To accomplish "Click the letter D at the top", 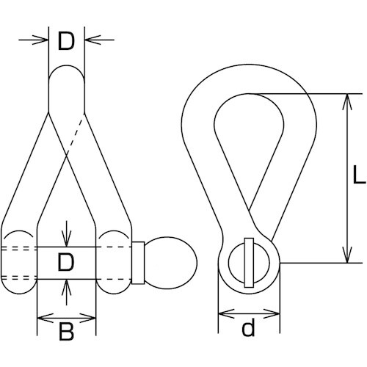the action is (66, 42).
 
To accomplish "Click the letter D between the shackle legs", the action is (65, 262).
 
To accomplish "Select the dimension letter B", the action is (66, 332).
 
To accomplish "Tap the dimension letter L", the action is (359, 175).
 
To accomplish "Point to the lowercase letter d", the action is (248, 327).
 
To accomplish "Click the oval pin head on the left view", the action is (170, 263).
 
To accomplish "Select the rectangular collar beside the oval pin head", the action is (138, 263).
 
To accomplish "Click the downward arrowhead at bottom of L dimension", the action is (347, 255).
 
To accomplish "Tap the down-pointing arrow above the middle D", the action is (66, 234).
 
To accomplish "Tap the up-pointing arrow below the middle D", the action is (66, 292).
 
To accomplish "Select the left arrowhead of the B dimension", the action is (46, 318).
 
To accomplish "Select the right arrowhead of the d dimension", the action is (272, 313).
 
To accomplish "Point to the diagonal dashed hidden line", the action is (76, 137).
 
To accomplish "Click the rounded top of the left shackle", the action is (67, 66).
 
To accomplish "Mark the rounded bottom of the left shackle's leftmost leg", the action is (19, 293).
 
